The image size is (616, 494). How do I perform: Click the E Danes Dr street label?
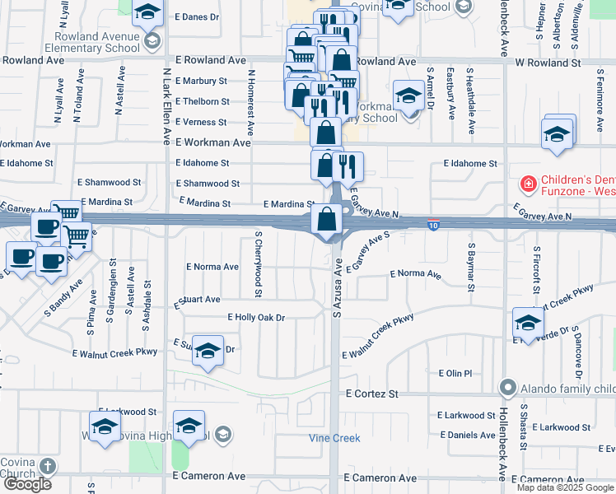(197, 16)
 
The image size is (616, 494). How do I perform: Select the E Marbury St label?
(200, 81)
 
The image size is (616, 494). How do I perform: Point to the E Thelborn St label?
(202, 101)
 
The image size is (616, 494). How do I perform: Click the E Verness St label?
(200, 122)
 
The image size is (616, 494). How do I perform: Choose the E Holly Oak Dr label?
(256, 317)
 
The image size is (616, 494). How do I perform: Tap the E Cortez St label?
(371, 394)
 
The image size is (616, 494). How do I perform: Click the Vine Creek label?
(334, 438)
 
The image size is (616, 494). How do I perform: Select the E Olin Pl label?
(455, 373)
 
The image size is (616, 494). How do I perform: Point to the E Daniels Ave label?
(467, 435)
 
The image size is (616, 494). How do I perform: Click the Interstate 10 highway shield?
(433, 224)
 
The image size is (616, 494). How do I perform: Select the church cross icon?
(48, 467)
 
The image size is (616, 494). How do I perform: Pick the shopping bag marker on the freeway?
(328, 221)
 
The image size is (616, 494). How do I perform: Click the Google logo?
(27, 484)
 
